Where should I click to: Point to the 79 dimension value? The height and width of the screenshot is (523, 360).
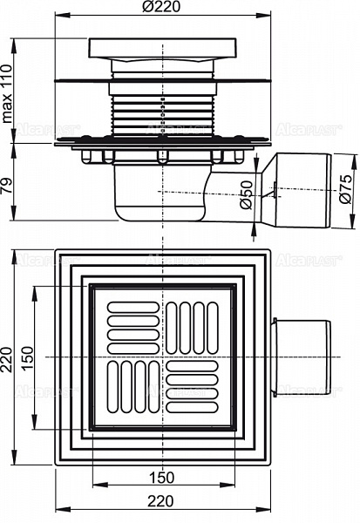tap(10, 186)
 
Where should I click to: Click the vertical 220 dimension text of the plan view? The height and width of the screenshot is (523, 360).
tap(10, 357)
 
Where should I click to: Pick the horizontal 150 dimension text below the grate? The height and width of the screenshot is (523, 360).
tap(161, 477)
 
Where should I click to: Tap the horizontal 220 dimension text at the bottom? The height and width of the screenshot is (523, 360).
tap(161, 500)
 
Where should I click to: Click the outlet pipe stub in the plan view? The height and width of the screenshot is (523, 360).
tap(301, 357)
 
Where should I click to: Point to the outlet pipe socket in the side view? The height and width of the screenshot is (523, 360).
tap(301, 193)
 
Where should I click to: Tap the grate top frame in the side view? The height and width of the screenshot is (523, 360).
tap(161, 49)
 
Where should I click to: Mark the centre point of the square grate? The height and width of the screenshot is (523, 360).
tap(161, 357)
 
